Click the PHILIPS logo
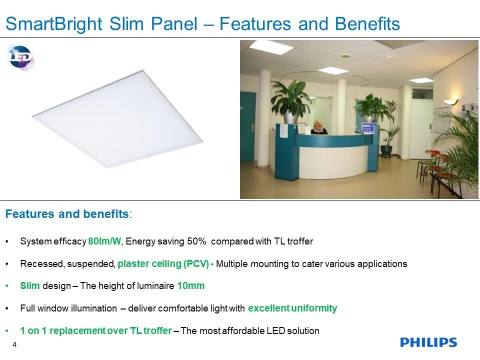[x=428, y=342]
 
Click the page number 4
[x=14, y=344]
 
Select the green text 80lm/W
[x=104, y=241]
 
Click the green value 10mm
[x=191, y=285]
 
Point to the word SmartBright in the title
[x=54, y=24]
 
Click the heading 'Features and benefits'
[x=67, y=213]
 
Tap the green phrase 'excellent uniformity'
[x=292, y=308]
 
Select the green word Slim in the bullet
[x=29, y=285]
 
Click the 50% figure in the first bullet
[x=196, y=241]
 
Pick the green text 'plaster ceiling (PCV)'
[x=163, y=263]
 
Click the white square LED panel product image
[x=117, y=119]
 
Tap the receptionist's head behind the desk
[x=317, y=125]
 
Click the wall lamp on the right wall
[x=450, y=101]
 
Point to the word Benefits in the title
[x=367, y=24]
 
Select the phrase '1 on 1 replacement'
[x=63, y=330]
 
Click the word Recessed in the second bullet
[x=41, y=263]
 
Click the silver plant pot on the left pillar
[x=291, y=117]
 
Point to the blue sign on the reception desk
[x=367, y=127]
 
